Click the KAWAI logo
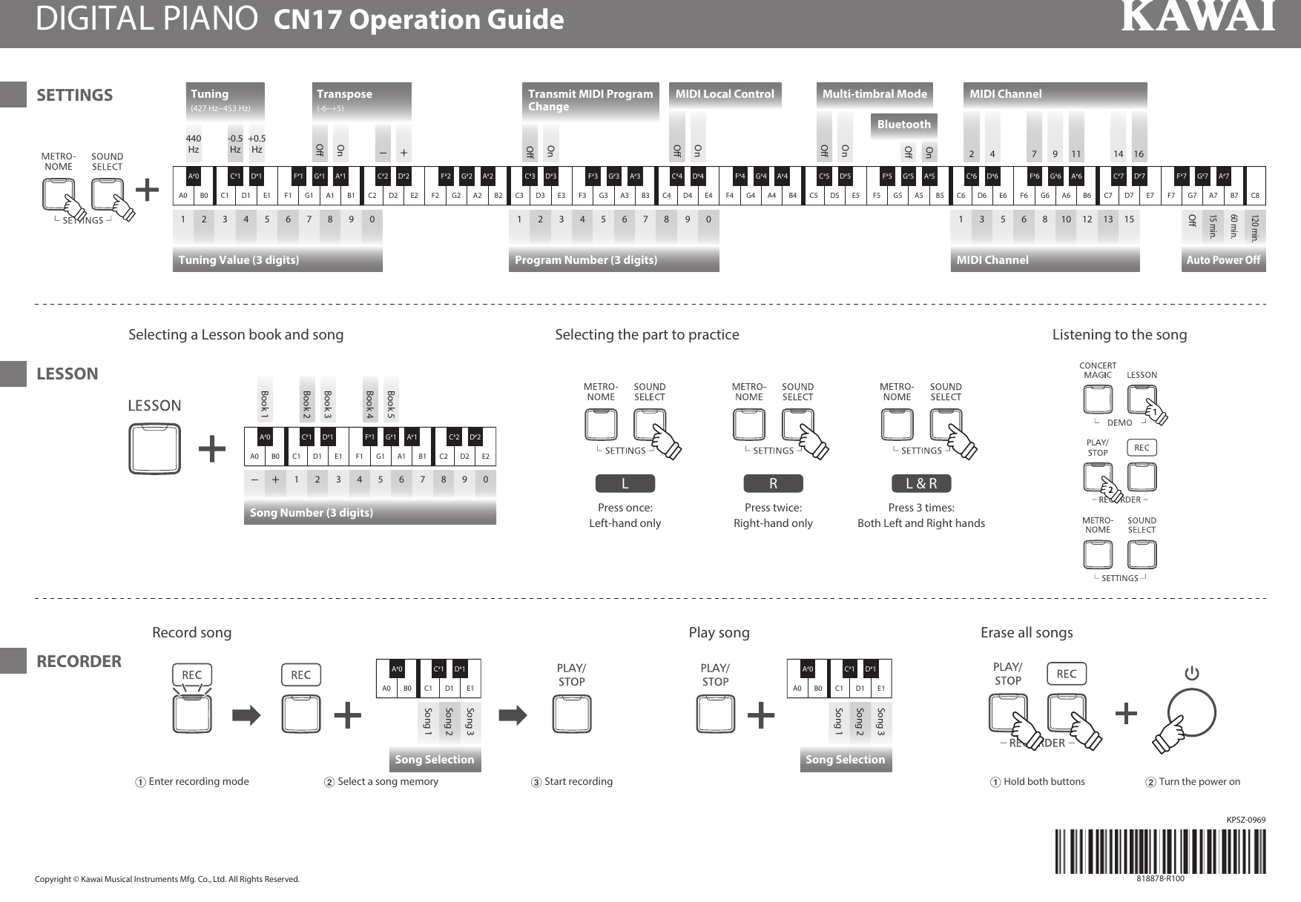1197,17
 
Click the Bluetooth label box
903,125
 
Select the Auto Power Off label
1223,260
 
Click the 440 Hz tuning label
193,144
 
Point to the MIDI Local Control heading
725,94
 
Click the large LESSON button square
155,448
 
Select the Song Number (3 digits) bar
369,513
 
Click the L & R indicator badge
921,484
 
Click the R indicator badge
773,484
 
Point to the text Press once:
625,508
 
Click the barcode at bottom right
1160,852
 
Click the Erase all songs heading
1027,632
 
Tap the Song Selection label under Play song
846,760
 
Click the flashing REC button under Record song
192,714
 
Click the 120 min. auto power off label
1255,228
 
